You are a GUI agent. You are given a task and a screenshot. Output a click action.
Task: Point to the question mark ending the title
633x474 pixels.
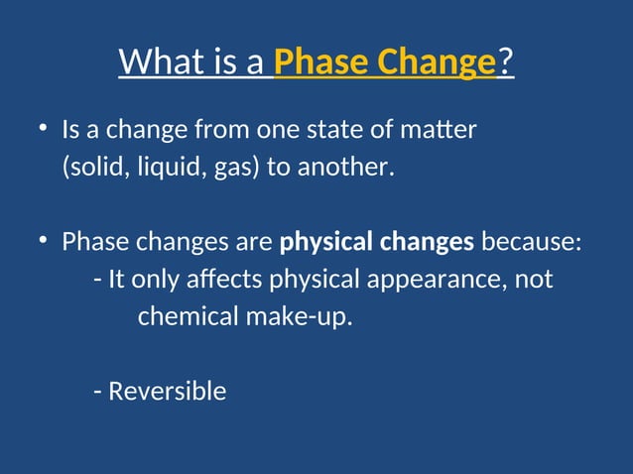point(506,62)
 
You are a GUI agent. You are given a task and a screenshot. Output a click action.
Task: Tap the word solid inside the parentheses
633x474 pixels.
point(88,168)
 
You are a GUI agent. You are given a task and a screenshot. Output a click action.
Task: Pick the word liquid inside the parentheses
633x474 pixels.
point(160,168)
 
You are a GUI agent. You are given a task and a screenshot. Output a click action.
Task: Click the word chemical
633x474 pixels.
point(181,317)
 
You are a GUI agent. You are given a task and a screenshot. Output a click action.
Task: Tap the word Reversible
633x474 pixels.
point(167,391)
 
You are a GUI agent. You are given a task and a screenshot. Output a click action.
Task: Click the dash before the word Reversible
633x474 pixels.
point(97,392)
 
